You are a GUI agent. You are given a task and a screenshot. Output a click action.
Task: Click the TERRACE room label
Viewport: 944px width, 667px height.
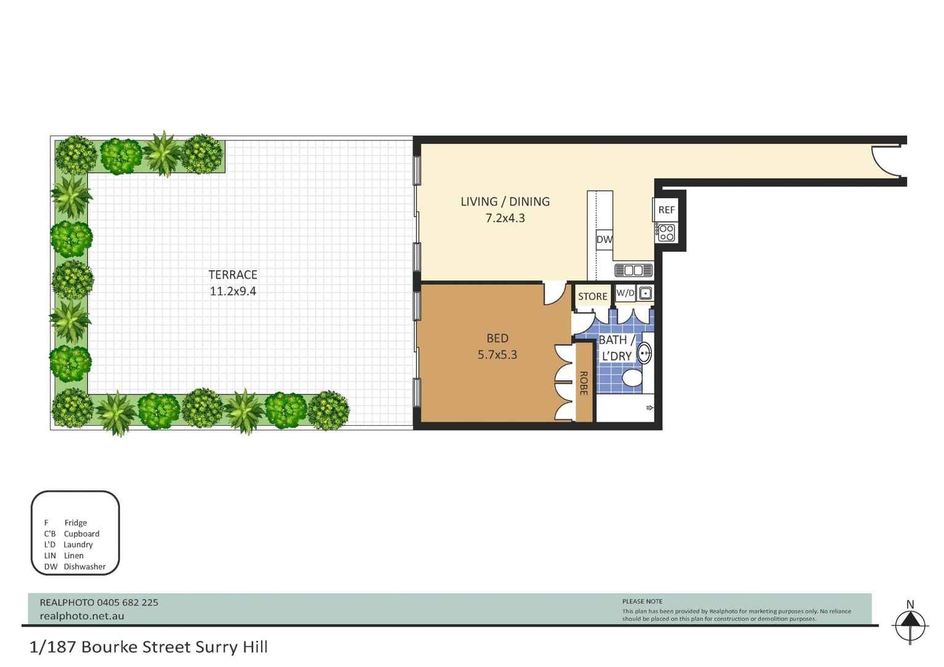pyautogui.click(x=233, y=274)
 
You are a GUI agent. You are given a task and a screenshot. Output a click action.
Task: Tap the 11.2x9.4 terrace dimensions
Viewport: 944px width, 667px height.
pyautogui.click(x=233, y=291)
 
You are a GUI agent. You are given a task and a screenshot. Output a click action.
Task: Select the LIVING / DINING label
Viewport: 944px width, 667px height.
pyautogui.click(x=505, y=201)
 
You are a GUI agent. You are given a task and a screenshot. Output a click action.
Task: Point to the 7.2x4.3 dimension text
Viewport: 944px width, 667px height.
pyautogui.click(x=505, y=218)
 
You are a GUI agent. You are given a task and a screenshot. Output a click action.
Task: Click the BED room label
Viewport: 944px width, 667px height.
pyautogui.click(x=497, y=338)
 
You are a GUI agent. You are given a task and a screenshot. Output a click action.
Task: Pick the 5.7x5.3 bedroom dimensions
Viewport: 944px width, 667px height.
pyautogui.click(x=497, y=354)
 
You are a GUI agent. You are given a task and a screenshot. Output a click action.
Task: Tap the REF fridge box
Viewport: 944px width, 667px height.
pyautogui.click(x=666, y=210)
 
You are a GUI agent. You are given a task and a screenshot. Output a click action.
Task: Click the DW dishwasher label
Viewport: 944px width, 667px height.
pyautogui.click(x=604, y=239)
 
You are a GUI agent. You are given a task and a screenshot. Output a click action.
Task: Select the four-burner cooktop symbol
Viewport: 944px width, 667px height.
pyautogui.click(x=666, y=233)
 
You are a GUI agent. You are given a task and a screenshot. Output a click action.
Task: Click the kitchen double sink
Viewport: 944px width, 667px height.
pyautogui.click(x=633, y=270)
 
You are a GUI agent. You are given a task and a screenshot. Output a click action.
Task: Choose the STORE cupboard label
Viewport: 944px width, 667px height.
pyautogui.click(x=593, y=296)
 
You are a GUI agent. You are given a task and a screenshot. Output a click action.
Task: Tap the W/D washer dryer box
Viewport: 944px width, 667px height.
pyautogui.click(x=625, y=293)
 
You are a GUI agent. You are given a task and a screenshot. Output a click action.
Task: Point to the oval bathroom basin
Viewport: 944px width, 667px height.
pyautogui.click(x=644, y=353)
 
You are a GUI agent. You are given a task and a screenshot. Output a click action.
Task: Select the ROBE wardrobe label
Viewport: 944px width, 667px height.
pyautogui.click(x=583, y=383)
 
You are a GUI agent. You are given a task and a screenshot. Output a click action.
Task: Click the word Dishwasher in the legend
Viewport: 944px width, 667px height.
pyautogui.click(x=85, y=567)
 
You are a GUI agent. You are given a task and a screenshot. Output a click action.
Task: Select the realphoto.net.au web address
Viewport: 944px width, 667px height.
pyautogui.click(x=82, y=616)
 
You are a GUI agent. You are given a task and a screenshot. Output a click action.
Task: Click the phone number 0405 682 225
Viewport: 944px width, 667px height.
pyautogui.click(x=128, y=602)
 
